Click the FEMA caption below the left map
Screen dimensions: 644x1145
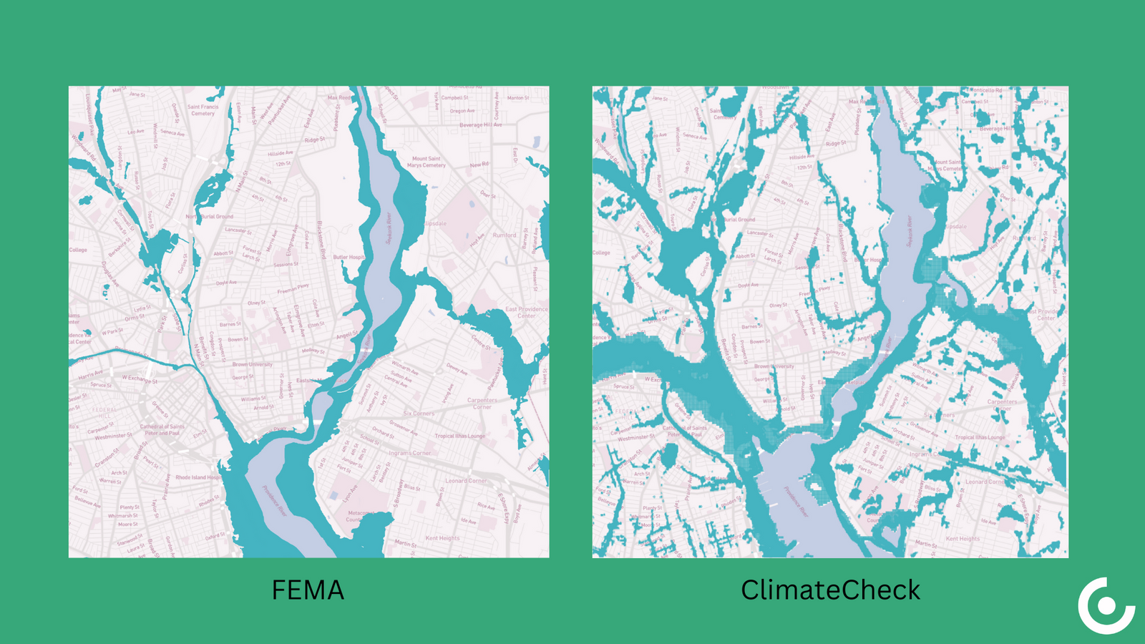tap(308, 590)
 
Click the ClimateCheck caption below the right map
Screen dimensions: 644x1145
tap(830, 590)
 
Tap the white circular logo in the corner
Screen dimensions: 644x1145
tap(1106, 606)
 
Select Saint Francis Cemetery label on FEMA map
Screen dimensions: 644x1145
tap(203, 110)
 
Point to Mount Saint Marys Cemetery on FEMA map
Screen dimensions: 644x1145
tap(427, 162)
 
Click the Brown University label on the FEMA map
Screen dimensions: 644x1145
tap(252, 364)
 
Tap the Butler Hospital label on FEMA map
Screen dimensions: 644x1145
tap(349, 258)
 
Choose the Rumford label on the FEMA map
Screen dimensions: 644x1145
tap(505, 235)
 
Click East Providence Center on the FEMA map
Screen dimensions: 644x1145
tap(526, 313)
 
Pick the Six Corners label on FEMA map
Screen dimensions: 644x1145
tap(419, 414)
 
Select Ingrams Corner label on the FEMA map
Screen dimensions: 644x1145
tap(410, 453)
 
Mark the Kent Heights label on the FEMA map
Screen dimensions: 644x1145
tap(442, 538)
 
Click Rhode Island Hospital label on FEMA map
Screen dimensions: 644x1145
tap(199, 477)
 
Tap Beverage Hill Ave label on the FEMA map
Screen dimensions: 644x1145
tap(480, 125)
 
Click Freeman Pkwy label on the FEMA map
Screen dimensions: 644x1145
tap(293, 289)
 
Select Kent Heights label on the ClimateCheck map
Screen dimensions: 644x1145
tap(963, 539)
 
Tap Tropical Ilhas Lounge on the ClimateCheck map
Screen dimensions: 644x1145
tap(980, 437)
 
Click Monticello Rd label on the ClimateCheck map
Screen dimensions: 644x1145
tap(987, 91)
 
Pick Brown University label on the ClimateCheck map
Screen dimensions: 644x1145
tap(774, 366)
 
